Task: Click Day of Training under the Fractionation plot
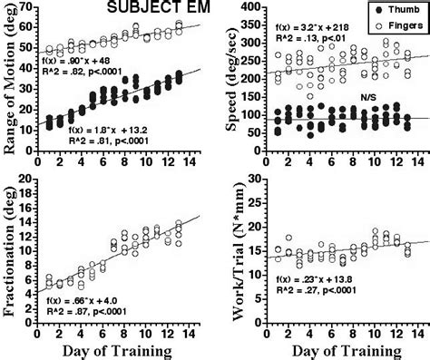(x=117, y=351)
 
